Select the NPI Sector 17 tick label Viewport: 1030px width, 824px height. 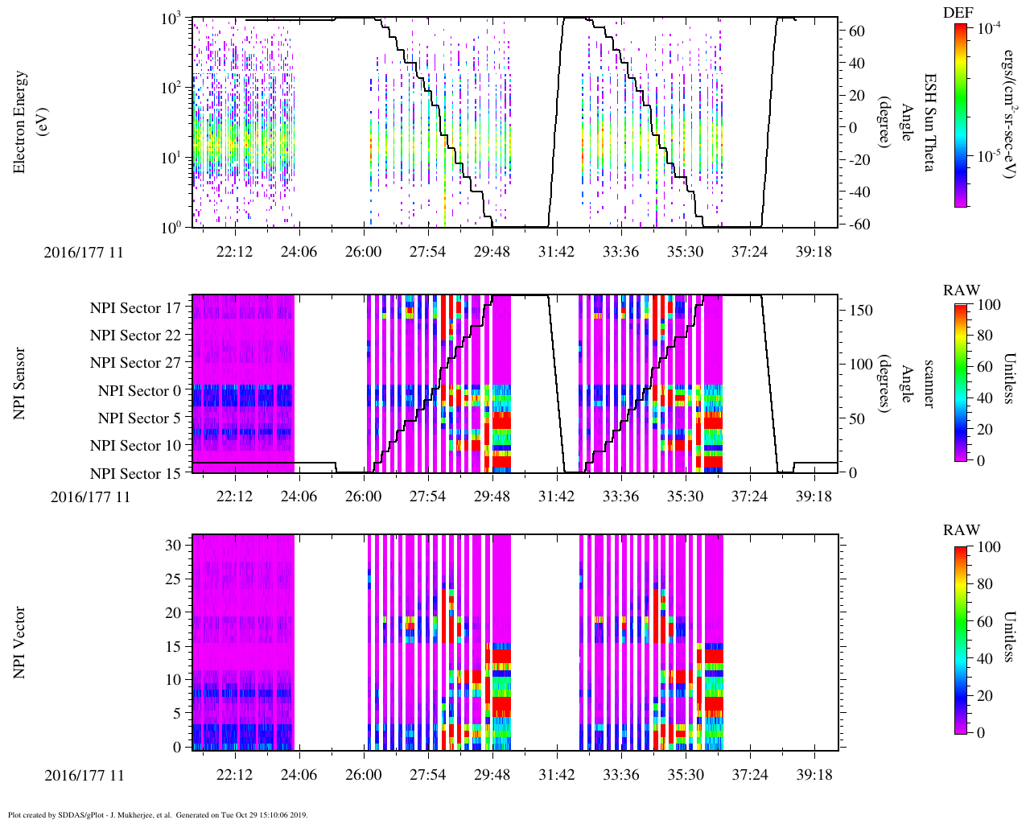[135, 308]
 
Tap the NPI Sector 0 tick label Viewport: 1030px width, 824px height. [139, 391]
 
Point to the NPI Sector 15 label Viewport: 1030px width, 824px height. [135, 474]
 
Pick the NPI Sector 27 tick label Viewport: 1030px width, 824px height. [135, 363]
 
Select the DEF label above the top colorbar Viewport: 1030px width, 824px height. [958, 12]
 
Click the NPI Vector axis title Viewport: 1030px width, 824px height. [19, 643]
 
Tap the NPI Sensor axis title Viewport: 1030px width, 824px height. [19, 383]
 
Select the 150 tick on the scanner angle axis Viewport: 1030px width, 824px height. [861, 310]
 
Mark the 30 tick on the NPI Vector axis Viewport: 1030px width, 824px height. [174, 545]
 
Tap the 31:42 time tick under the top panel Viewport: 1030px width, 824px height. [556, 252]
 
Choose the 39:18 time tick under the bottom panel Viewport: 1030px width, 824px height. [814, 775]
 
